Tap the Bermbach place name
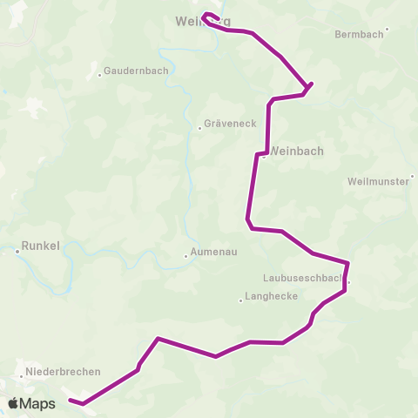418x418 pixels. [x=358, y=35]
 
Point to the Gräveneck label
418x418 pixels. [x=230, y=123]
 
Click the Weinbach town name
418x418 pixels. [x=297, y=151]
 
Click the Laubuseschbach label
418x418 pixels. [x=304, y=280]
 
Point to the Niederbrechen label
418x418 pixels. [x=64, y=371]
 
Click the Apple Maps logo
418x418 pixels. [x=32, y=403]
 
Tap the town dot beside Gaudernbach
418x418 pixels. [x=100, y=74]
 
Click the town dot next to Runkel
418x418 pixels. [x=17, y=252]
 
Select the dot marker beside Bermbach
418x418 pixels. [x=387, y=29]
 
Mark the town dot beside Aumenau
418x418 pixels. [x=185, y=256]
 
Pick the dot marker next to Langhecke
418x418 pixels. [x=240, y=301]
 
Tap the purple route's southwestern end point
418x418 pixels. [x=71, y=401]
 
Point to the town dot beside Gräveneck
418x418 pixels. [x=200, y=128]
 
